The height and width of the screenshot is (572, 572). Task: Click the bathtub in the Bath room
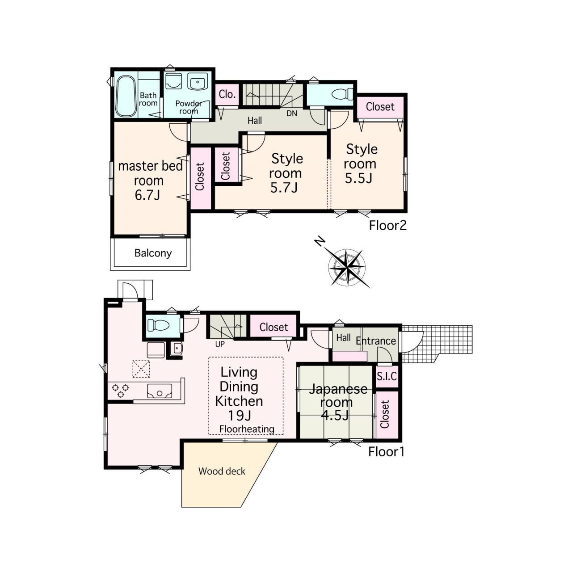tap(126, 97)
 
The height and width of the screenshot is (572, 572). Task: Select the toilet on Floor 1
tap(158, 325)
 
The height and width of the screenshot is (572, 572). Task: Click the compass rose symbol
tap(348, 267)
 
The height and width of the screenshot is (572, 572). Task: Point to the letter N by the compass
tap(320, 242)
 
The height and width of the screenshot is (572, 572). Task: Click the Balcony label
tap(153, 253)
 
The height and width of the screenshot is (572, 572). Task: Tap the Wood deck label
tap(222, 471)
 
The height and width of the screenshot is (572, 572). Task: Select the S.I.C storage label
tap(387, 376)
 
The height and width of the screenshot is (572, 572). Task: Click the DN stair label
tap(292, 113)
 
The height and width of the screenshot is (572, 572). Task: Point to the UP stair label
tap(220, 344)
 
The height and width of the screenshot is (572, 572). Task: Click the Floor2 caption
tap(388, 226)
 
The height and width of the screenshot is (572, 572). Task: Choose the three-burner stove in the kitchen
tap(120, 390)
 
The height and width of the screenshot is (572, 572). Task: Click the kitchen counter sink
tap(160, 391)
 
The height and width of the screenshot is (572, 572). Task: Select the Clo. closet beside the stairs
tap(227, 94)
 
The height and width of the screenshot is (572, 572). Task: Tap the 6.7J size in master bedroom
tap(147, 195)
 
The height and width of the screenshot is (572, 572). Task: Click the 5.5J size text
tap(358, 178)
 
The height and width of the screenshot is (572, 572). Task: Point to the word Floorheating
tap(247, 429)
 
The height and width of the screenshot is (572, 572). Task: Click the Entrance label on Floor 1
tap(376, 341)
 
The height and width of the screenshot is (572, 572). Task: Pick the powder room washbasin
tap(198, 82)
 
